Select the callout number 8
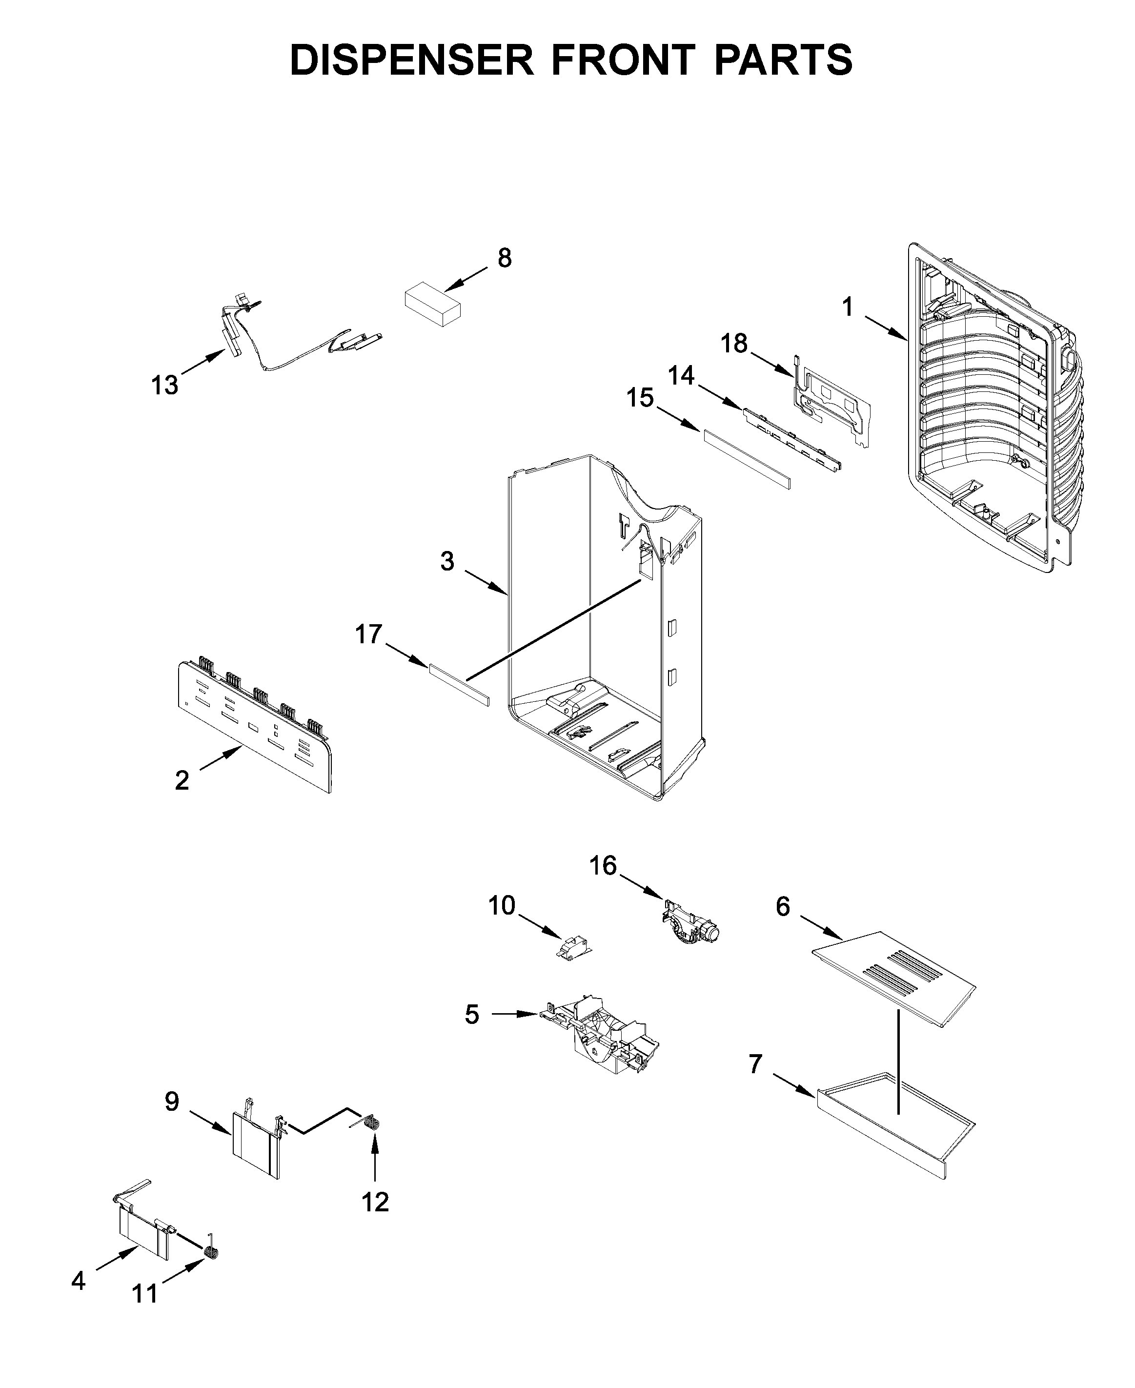point(504,258)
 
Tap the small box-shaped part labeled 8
point(431,304)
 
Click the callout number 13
point(165,385)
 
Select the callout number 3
point(447,561)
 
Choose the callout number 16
point(603,866)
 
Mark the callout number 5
point(471,1014)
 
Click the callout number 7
point(755,1064)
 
